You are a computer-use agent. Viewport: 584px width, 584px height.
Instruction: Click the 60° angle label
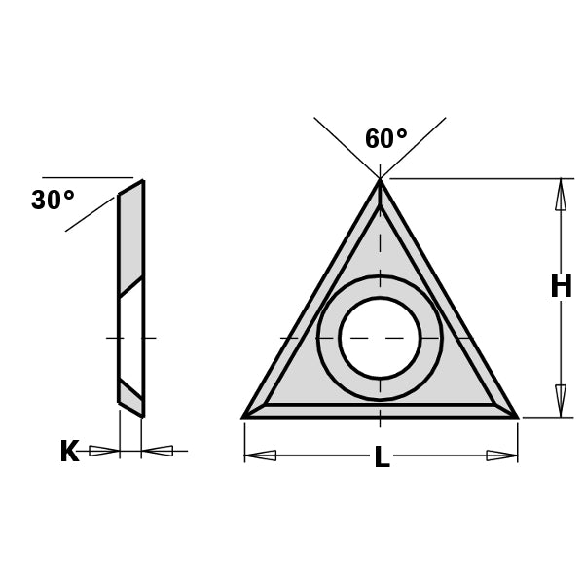(385, 139)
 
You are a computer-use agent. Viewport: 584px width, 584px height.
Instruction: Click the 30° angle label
(53, 201)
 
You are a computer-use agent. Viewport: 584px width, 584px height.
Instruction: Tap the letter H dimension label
(561, 287)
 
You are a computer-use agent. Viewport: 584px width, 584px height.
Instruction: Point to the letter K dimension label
(69, 452)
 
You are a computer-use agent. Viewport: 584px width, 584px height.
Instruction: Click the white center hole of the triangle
(380, 338)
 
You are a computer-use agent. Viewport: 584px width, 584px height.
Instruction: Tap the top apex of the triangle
(380, 182)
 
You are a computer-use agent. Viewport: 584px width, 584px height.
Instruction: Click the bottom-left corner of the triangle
(245, 416)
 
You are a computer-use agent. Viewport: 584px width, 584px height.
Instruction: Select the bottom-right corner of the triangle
(515, 416)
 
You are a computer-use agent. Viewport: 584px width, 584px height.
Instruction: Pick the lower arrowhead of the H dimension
(561, 400)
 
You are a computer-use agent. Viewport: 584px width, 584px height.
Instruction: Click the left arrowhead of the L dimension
(261, 456)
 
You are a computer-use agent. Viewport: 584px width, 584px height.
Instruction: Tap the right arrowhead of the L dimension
(501, 456)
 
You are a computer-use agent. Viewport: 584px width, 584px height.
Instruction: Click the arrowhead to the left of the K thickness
(103, 451)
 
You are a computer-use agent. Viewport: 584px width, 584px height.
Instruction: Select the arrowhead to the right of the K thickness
(158, 451)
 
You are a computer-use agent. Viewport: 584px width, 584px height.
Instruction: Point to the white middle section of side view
(130, 336)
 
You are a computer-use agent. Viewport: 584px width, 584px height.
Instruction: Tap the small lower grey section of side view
(130, 396)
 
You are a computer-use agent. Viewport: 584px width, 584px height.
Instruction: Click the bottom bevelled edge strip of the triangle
(380, 411)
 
